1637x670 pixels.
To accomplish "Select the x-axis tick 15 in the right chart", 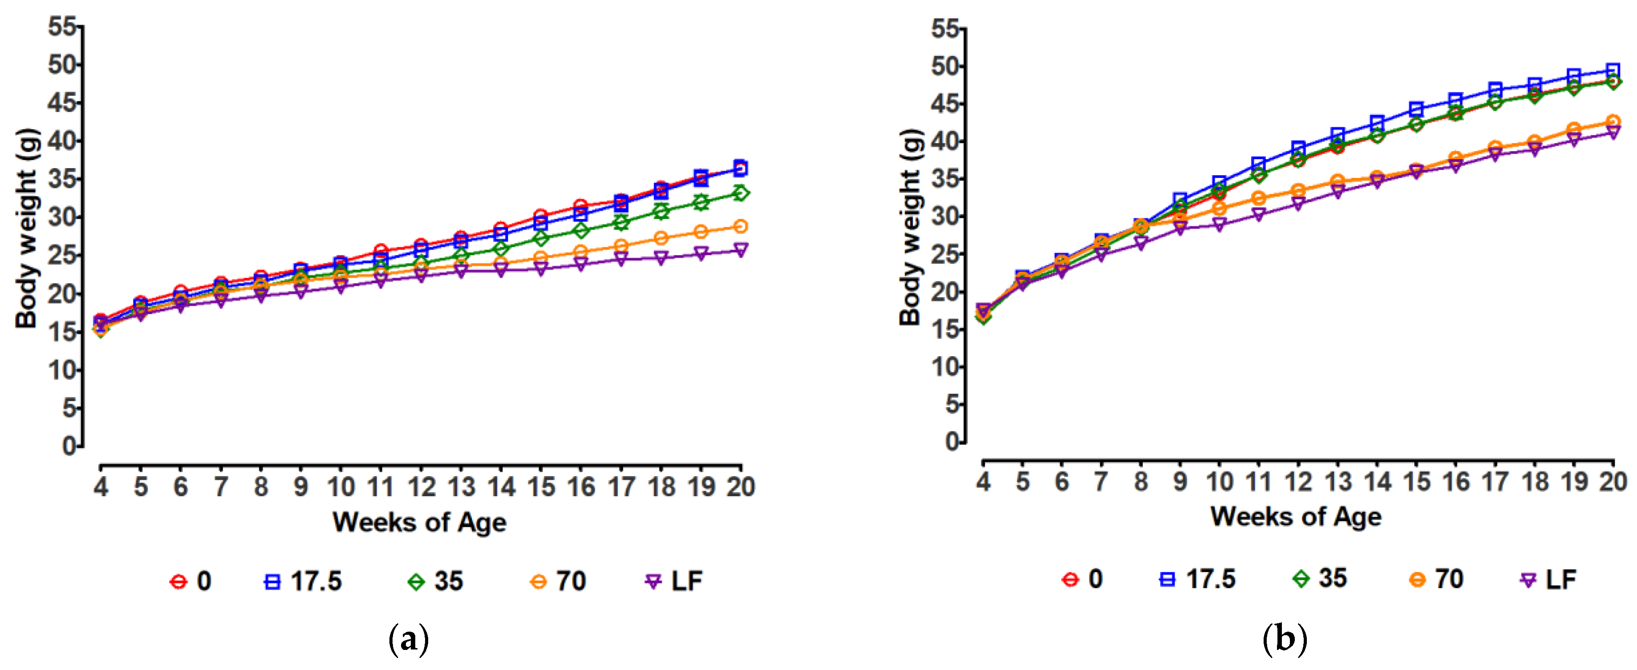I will click(1416, 482).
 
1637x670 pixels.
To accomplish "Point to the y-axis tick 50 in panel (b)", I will click(945, 66).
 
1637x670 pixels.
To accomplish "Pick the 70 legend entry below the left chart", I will click(558, 581).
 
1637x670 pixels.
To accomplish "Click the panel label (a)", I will click(408, 639).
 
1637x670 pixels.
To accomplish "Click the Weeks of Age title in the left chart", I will click(419, 522).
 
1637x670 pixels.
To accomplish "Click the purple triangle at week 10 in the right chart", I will click(1219, 224).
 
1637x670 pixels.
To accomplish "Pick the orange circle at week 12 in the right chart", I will click(1298, 191).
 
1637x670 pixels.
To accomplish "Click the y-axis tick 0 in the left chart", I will click(69, 446).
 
